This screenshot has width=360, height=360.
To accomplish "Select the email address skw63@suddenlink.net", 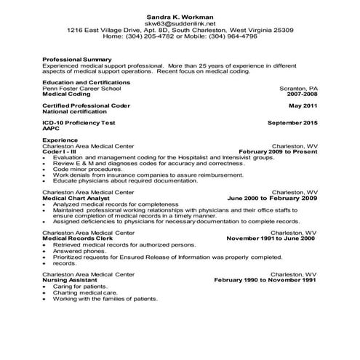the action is pos(179,23).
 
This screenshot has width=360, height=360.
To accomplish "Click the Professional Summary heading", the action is pos(77,59).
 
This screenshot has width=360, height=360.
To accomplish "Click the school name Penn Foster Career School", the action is pos(82,89).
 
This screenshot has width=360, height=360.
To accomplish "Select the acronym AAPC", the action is pos(52,129).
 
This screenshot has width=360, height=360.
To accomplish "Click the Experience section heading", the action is pos(60,140).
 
